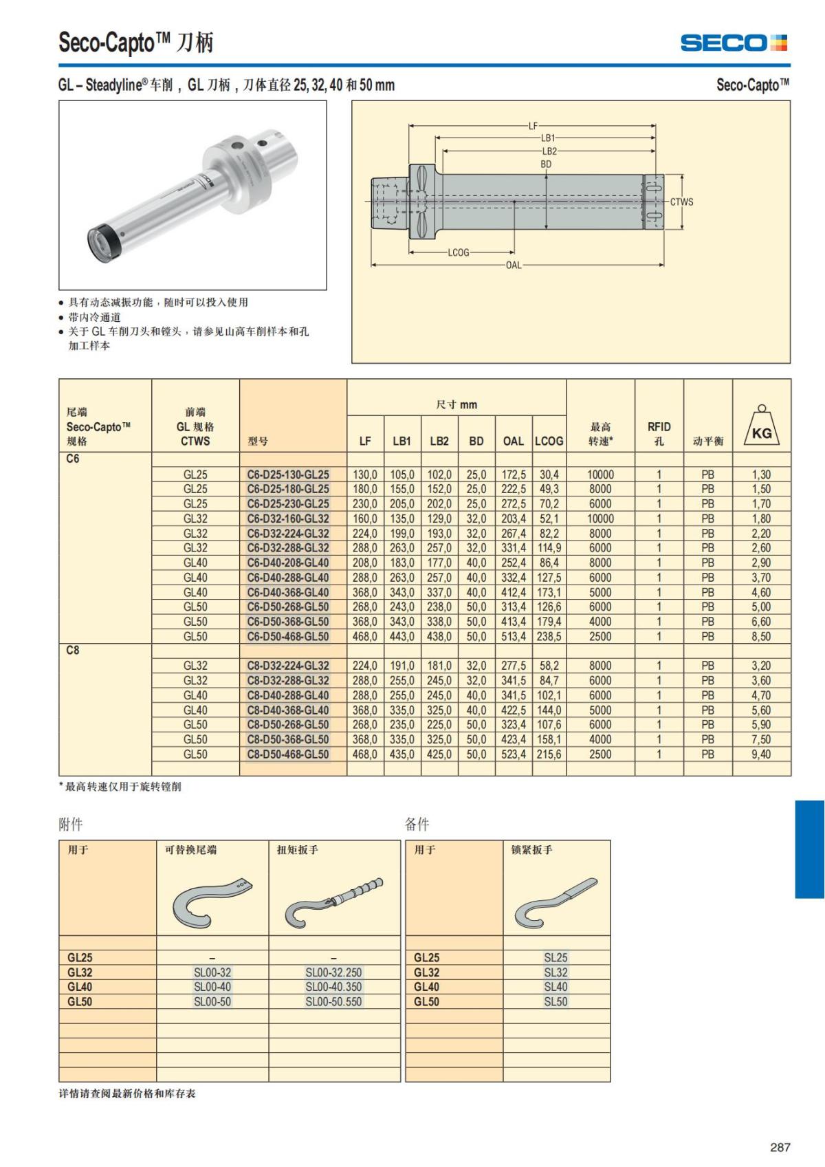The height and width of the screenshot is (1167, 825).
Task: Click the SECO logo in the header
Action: coord(734,43)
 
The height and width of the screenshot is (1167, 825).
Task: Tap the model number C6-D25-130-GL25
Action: coord(288,475)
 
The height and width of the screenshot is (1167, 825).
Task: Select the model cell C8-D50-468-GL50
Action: coord(288,754)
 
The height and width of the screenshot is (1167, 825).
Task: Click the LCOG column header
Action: coord(549,441)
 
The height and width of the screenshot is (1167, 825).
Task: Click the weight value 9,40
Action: coord(761,754)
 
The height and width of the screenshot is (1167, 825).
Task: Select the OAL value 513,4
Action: coord(514,637)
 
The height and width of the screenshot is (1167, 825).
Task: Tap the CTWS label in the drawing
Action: coord(681,202)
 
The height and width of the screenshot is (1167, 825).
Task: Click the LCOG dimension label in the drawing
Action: coord(459,252)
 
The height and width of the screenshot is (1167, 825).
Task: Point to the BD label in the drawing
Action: coord(546,164)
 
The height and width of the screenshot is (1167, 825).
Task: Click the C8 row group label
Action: coord(73,651)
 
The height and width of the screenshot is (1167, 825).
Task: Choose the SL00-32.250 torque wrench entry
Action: coord(333,972)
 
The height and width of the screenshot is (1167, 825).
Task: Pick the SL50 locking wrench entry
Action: coord(555,1002)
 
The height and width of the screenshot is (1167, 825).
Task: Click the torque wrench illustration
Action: coord(334,902)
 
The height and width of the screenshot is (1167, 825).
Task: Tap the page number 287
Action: coord(780,1147)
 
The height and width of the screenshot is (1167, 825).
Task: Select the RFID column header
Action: coord(659,433)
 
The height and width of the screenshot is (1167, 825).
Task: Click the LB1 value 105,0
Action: coord(402,475)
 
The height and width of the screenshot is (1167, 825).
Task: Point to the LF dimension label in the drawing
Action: coord(533,126)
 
